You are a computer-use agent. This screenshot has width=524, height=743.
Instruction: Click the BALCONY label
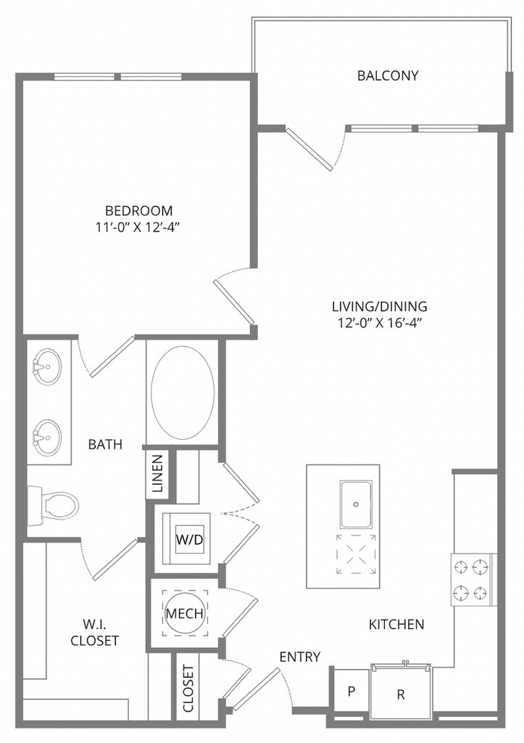[388, 75]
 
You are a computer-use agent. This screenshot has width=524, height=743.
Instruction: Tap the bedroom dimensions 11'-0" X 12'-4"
[138, 227]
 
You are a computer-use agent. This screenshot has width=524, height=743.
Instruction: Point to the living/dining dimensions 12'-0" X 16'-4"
[379, 323]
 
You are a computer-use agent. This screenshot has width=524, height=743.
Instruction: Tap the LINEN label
[158, 473]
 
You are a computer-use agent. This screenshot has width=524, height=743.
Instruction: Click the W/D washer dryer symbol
[189, 539]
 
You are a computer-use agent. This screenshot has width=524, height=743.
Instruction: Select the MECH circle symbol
[185, 613]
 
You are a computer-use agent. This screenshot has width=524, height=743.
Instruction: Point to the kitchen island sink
[356, 504]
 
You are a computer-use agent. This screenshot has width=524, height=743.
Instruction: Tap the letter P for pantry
[352, 691]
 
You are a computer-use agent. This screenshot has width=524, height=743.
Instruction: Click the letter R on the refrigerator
[401, 694]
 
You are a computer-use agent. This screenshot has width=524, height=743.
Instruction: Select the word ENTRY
[299, 657]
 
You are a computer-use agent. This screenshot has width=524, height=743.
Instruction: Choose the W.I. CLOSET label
[94, 632]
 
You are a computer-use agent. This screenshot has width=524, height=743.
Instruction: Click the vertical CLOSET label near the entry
[188, 689]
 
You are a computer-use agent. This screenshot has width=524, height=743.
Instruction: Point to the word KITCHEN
[396, 625]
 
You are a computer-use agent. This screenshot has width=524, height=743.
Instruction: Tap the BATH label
[105, 445]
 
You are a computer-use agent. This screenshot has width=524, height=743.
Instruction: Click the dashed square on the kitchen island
[356, 554]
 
